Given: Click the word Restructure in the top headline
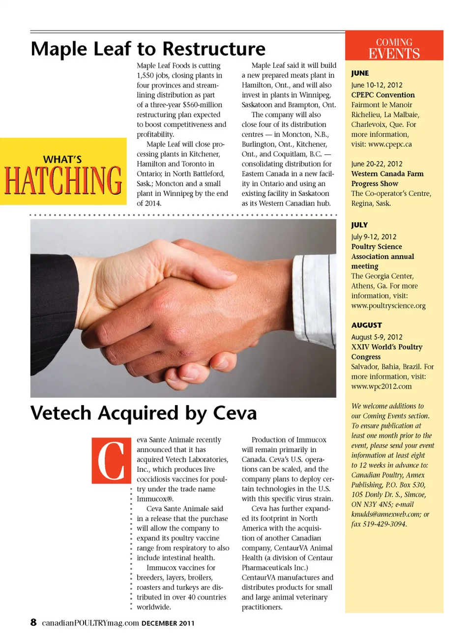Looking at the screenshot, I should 214,49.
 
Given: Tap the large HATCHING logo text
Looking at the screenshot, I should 63,180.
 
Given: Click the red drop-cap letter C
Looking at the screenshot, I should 111,460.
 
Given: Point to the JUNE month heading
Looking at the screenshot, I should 360,73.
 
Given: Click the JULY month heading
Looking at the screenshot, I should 359,225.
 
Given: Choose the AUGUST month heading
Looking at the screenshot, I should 366,325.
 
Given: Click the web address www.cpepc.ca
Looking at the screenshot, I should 390,144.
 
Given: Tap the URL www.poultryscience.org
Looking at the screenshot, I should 388,305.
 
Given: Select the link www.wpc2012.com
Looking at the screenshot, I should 382,386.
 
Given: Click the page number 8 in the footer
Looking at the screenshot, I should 33,622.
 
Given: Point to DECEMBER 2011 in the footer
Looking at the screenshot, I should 168,623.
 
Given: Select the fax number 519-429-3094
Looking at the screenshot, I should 379,524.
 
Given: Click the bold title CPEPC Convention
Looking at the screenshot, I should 383,95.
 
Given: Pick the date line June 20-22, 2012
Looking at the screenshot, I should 377,164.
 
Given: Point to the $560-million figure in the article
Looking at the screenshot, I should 202,105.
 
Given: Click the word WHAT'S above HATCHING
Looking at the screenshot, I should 62,159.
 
